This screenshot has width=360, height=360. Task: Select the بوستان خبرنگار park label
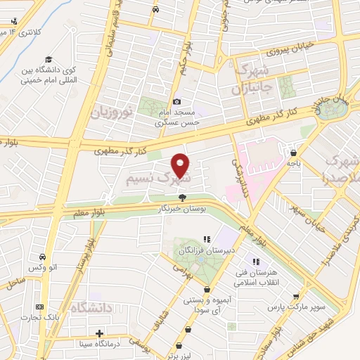coord(183,209)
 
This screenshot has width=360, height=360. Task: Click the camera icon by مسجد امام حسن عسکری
coord(176,101)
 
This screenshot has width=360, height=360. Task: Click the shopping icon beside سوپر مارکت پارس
coord(298,297)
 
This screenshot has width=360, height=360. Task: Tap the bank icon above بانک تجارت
coord(39,307)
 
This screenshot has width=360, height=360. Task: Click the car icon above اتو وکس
coord(44,257)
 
